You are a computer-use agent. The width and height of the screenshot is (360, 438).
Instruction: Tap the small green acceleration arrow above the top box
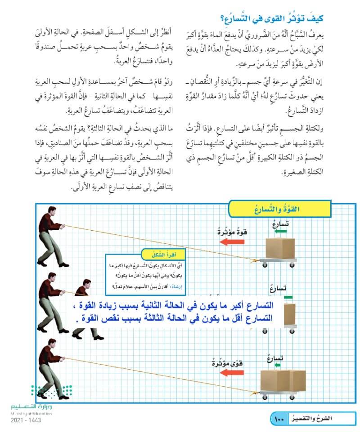(281, 231)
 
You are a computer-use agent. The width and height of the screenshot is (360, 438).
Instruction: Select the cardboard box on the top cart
(280, 249)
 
